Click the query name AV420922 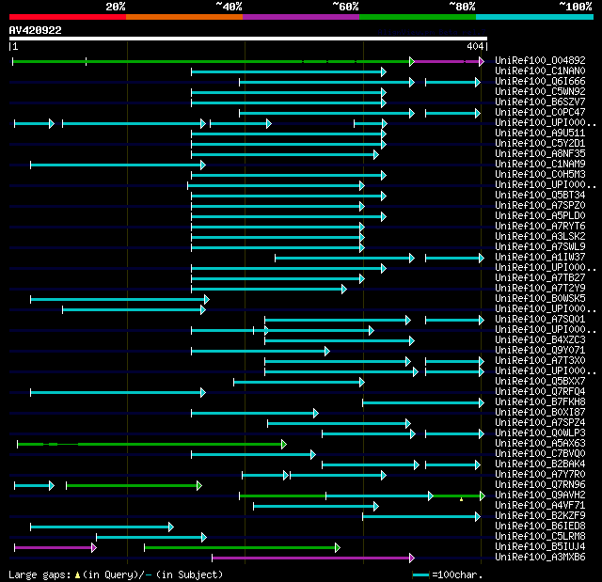point(36,30)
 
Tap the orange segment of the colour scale point(184,16)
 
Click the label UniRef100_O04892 point(540,60)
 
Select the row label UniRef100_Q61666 point(540,81)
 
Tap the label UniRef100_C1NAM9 point(540,164)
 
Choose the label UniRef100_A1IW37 point(540,257)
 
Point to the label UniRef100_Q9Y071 point(540,350)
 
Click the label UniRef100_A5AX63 point(540,443)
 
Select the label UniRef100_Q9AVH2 point(540,495)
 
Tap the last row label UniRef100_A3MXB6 point(540,557)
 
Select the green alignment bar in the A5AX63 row point(150,444)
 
